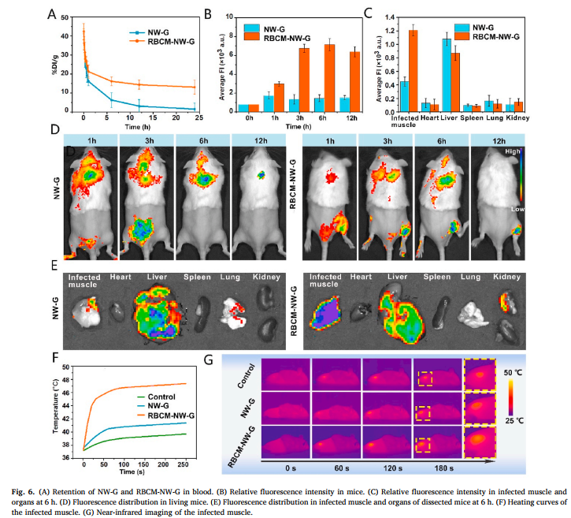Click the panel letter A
point(51,13)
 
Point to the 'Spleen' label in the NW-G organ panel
point(198,278)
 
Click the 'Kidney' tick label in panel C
point(517,119)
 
